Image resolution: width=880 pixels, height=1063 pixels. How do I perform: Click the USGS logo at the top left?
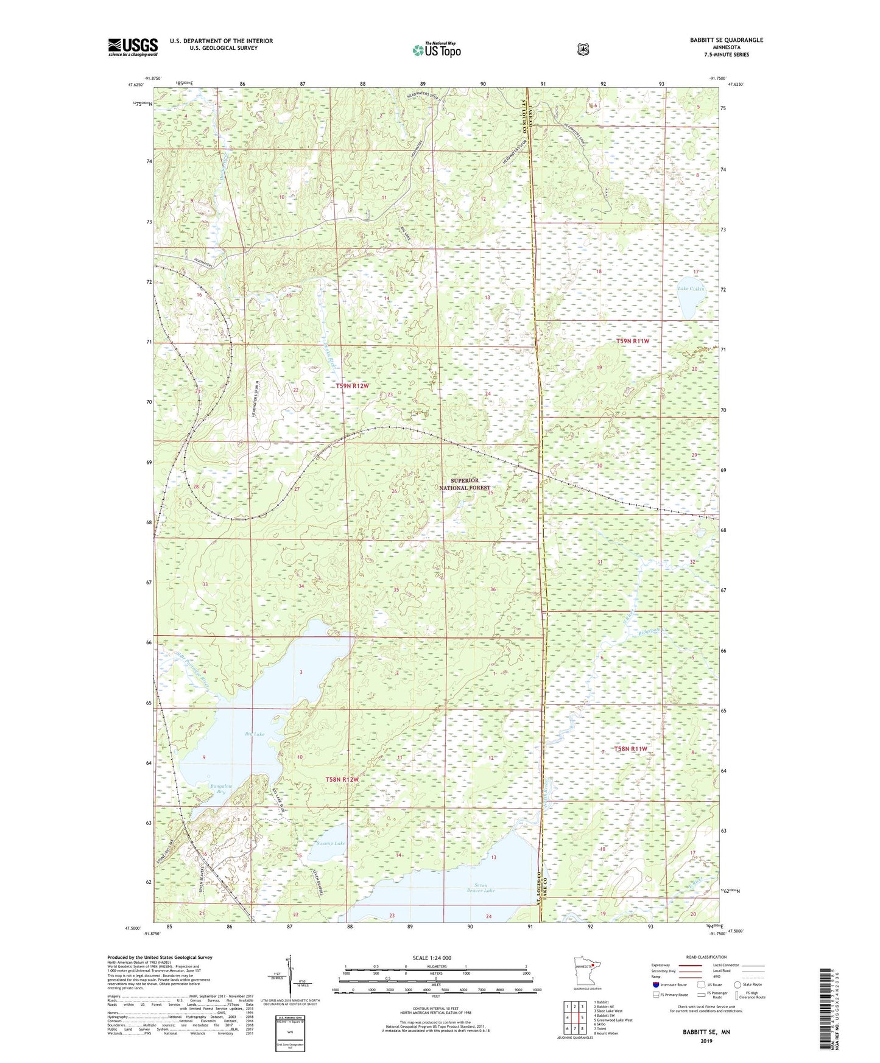click(x=133, y=47)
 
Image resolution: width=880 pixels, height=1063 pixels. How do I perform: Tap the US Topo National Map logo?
click(x=435, y=50)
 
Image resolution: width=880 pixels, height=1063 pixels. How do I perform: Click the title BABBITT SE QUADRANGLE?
click(x=726, y=40)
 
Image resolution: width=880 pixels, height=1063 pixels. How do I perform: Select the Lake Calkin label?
click(x=691, y=289)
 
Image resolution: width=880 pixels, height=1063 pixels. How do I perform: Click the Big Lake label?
click(x=255, y=734)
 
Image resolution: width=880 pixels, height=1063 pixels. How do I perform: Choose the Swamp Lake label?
click(x=331, y=843)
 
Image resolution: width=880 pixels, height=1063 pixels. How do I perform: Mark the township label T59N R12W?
click(x=353, y=386)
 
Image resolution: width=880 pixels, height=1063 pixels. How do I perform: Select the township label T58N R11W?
click(x=630, y=749)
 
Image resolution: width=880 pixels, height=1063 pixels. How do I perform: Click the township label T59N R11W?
click(x=633, y=342)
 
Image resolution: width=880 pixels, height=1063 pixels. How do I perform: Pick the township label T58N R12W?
click(x=342, y=779)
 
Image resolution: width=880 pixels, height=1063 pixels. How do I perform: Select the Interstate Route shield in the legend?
click(x=655, y=984)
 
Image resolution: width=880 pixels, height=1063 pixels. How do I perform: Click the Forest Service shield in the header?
click(x=583, y=49)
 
